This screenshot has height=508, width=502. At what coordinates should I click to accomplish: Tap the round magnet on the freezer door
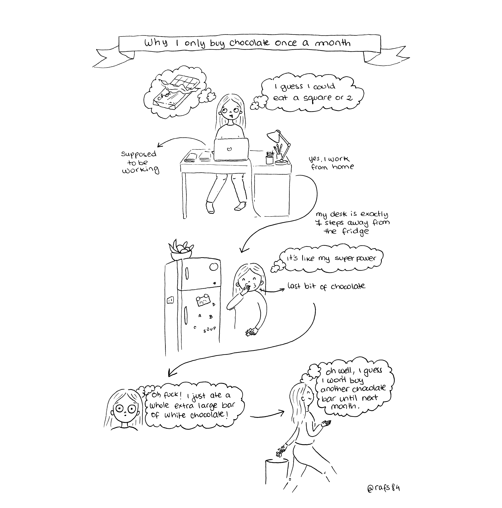[213, 267]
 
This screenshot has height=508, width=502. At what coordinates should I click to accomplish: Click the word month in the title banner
[332, 43]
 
